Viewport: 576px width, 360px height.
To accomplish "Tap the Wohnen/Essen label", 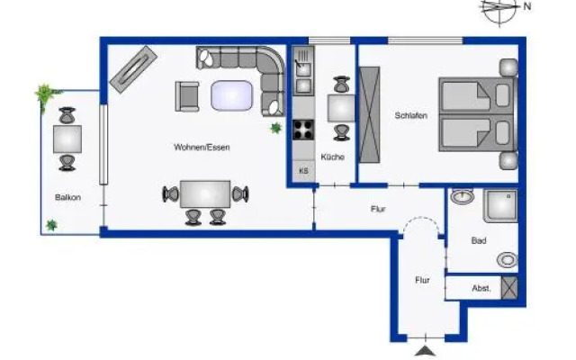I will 196,147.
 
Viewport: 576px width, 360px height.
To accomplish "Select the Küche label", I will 332,157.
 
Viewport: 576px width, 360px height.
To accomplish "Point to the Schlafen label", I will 409,115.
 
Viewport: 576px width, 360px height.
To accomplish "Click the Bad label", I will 479,241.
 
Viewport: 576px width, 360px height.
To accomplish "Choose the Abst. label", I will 481,288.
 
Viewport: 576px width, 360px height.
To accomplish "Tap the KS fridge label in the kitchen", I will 303,170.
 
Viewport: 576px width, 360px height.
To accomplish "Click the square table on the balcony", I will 67,139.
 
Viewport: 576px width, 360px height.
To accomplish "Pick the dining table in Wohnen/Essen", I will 205,194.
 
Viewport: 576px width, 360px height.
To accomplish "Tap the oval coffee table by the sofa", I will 231,94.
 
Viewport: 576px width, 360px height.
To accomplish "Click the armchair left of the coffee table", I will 188,94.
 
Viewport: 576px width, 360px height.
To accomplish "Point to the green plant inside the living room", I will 276,130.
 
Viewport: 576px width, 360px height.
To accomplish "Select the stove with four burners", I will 303,129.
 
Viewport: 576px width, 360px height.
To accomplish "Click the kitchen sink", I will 303,64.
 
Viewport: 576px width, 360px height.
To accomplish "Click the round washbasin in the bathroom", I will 463,197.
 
